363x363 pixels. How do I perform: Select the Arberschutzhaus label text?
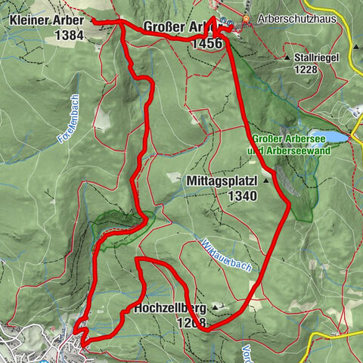click(291, 18)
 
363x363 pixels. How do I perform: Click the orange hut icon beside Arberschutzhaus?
click(247, 18)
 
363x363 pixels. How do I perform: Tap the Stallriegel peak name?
click(318, 57)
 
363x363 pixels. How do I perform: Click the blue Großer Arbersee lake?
click(329, 138)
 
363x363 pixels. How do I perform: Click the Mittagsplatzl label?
click(221, 181)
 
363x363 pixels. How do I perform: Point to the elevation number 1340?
click(240, 196)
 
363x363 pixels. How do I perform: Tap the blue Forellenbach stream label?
click(67, 126)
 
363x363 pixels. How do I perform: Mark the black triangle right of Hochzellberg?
click(217, 308)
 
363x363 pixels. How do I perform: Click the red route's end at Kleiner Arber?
click(94, 21)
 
